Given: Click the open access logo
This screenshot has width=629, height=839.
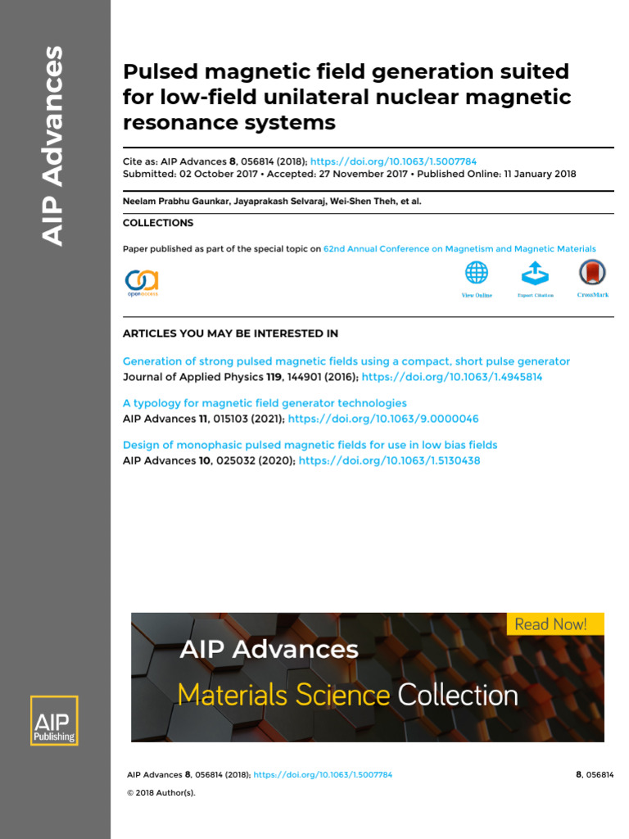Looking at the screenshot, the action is (142, 283).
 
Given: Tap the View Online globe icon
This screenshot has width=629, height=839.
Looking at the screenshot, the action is (476, 272).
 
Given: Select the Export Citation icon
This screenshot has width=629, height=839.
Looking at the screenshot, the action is (535, 273).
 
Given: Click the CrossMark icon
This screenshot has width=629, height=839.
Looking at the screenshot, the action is (592, 272).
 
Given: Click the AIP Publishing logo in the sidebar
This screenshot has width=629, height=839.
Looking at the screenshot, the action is (54, 720).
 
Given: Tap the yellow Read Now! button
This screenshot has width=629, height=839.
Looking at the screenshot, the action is (555, 624).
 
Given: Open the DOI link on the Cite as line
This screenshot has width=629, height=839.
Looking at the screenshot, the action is (393, 161).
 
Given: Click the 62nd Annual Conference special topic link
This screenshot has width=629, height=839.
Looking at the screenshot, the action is (459, 249).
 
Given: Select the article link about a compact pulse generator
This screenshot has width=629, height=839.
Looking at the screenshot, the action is (346, 361).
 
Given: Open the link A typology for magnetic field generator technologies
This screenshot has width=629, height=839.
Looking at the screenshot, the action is (265, 403).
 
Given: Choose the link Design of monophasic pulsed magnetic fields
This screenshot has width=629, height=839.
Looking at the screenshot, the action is (310, 445).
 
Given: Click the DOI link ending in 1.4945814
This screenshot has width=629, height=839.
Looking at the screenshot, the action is (452, 377).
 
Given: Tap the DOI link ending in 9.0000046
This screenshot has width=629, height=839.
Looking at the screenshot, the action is (383, 419).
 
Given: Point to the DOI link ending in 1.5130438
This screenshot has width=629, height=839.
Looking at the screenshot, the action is (389, 460).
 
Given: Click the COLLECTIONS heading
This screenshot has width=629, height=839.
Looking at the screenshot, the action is (158, 223).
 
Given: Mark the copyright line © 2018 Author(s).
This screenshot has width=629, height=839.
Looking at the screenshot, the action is (161, 792).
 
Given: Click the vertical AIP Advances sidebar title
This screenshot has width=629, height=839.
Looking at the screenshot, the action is (52, 146).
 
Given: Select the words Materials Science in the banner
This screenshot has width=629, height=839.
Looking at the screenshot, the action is (284, 695).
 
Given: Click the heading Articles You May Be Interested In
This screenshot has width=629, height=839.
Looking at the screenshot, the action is (230, 333).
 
